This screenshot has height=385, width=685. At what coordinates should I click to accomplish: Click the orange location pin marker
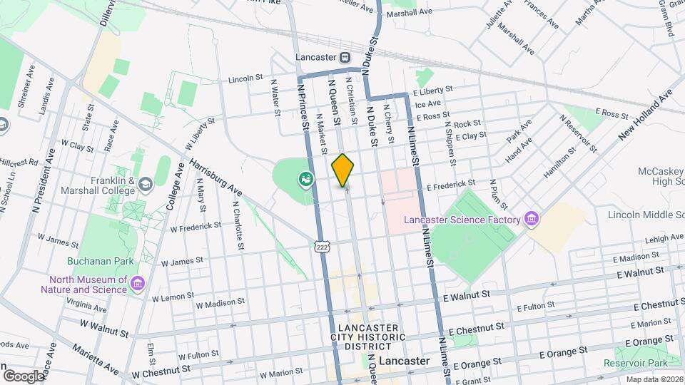(343, 170)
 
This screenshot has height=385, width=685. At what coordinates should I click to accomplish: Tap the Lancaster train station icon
(345, 56)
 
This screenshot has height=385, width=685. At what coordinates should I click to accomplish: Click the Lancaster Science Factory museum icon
(530, 219)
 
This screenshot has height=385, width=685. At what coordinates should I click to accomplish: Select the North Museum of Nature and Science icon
(138, 284)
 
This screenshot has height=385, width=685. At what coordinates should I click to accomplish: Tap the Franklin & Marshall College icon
(146, 185)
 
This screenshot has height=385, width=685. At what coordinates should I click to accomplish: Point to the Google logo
(23, 376)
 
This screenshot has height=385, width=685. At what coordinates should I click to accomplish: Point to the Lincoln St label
(246, 79)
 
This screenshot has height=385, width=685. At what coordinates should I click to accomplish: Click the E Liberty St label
(432, 91)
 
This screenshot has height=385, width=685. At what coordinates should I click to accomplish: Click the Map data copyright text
(653, 379)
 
